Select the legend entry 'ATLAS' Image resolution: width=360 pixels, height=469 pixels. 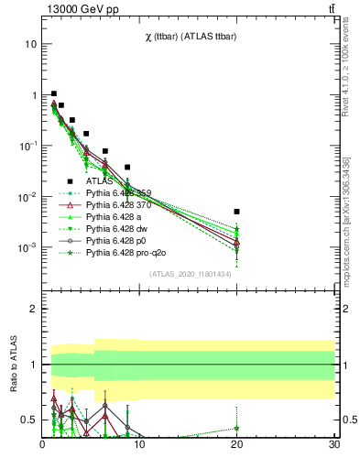point(99,181)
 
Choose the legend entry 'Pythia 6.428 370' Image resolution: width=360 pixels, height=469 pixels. point(119,205)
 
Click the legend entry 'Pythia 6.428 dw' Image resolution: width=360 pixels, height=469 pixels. point(117,229)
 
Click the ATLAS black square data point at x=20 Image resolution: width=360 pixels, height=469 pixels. point(236,212)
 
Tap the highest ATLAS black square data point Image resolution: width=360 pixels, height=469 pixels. point(54,93)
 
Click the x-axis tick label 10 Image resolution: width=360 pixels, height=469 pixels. point(139,445)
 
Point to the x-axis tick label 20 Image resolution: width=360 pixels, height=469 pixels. point(236,445)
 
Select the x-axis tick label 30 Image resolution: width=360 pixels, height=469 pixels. point(333,445)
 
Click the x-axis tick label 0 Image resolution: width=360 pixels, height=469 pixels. point(43,445)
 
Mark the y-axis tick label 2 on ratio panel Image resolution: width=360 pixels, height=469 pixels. point(34,310)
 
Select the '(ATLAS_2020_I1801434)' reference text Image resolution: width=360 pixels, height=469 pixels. point(190,274)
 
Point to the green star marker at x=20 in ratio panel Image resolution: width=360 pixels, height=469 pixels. point(236,428)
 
